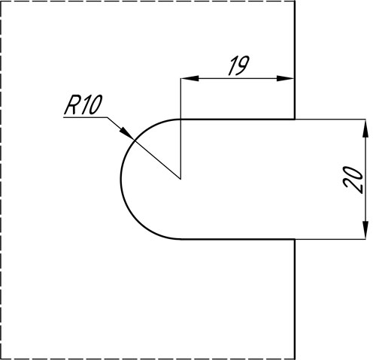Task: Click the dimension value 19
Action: [239, 65]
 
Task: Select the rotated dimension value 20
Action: [353, 180]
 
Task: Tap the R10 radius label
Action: [83, 105]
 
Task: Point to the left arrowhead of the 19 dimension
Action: [190, 78]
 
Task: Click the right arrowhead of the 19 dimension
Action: [285, 78]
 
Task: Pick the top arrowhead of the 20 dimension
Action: [365, 129]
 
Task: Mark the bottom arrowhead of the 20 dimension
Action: [365, 230]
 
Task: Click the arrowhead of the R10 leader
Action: [126, 133]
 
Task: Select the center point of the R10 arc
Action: [180, 179]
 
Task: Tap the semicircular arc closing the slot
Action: [121, 180]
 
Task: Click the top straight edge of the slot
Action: [238, 119]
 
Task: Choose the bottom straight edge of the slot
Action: [238, 239]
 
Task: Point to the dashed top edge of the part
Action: [147, 1]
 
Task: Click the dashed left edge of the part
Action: [1, 180]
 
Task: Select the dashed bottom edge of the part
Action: [147, 358]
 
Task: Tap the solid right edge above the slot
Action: [295, 60]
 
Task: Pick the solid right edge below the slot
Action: [295, 299]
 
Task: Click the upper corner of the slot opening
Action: [295, 119]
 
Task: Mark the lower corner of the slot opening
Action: [295, 239]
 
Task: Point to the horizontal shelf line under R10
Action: [86, 117]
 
